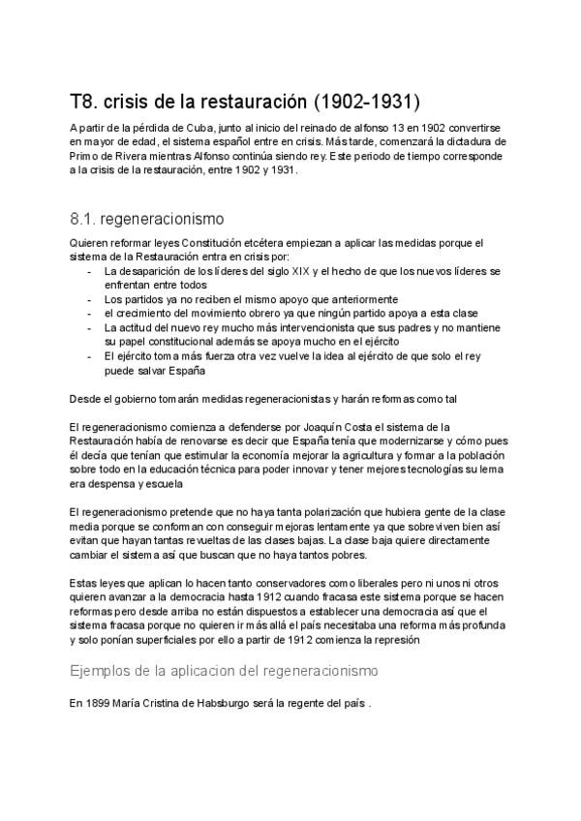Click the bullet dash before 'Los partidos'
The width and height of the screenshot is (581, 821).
[x=91, y=300]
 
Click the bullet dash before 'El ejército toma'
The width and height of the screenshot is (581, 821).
[x=91, y=356]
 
